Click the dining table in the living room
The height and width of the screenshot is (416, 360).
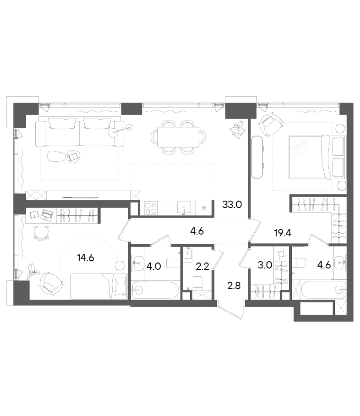pyautogui.click(x=178, y=137)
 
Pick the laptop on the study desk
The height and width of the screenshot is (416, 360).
pyautogui.click(x=46, y=215)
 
